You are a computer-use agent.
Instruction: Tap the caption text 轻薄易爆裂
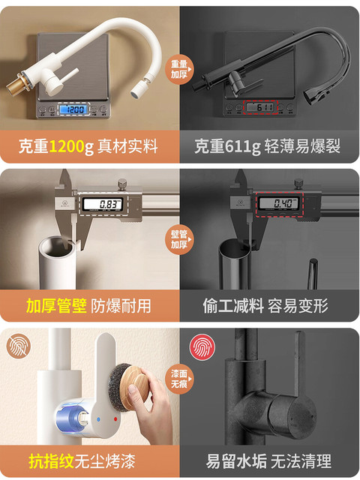(x=302, y=146)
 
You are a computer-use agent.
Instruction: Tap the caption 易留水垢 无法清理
(x=268, y=460)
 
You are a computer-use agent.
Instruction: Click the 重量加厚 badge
(x=180, y=69)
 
